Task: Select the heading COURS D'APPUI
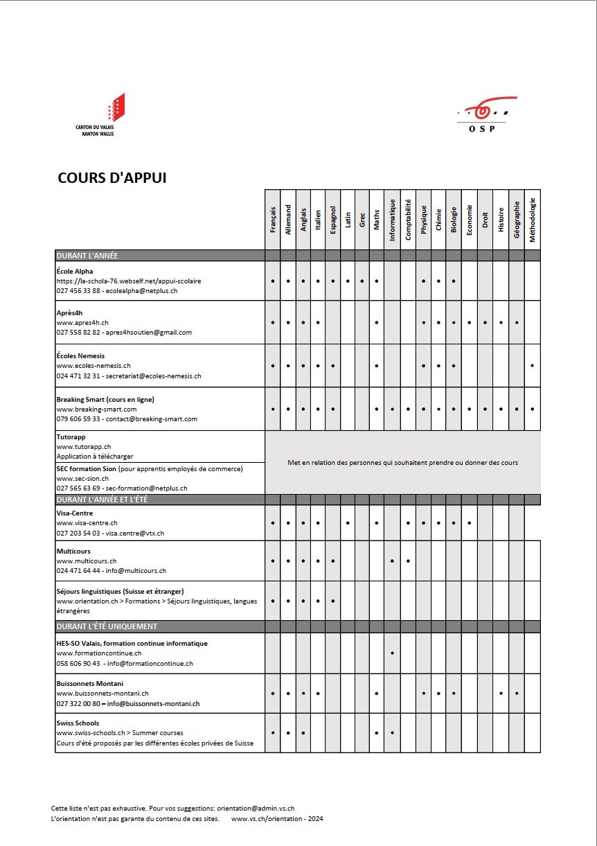112,178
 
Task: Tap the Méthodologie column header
532,220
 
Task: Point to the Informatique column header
392,220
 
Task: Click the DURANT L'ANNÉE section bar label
87,256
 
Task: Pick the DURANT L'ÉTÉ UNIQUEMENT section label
107,626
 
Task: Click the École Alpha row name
75,271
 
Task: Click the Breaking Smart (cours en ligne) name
105,399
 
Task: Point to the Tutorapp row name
71,437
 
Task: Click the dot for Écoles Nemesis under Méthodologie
532,365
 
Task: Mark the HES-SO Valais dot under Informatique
393,653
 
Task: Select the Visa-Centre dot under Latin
348,522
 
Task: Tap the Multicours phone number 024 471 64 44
78,571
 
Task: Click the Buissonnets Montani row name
90,683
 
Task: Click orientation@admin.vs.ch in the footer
256,808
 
